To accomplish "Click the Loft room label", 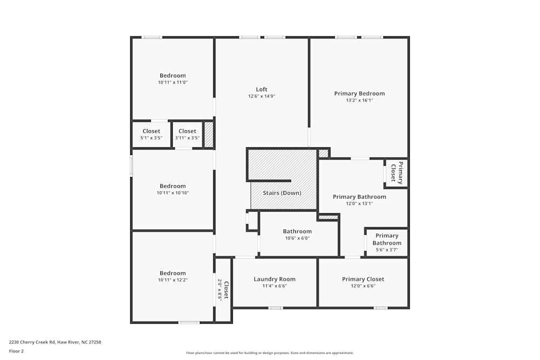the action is pos(261,90).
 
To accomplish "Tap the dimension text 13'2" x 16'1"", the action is pos(359,100).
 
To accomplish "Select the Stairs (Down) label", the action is pos(282,193).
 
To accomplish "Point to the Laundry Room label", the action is pos(274,279).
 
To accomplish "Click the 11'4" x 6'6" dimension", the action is pos(274,286).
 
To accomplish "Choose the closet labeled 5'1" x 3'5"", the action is pos(151,134).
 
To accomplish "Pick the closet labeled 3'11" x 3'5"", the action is pos(187,134).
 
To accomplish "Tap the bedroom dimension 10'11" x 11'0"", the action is pos(173,83).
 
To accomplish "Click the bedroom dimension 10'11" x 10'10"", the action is pos(173,193).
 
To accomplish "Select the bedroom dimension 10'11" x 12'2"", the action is pos(173,280).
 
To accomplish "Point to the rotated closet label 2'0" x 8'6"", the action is pos(223,290).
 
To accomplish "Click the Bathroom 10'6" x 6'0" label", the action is pos(297,234).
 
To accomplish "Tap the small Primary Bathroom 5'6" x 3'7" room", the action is pos(387,243).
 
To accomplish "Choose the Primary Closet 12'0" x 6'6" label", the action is pos(363,282).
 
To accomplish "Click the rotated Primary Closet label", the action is pos(396,173).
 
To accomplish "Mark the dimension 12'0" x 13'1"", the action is pos(359,203).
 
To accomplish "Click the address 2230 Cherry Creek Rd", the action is pos(32,342).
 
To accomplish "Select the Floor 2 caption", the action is pos(16,351).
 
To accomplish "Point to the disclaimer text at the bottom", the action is pos(269,353).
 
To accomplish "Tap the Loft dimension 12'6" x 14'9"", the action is pos(261,97).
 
